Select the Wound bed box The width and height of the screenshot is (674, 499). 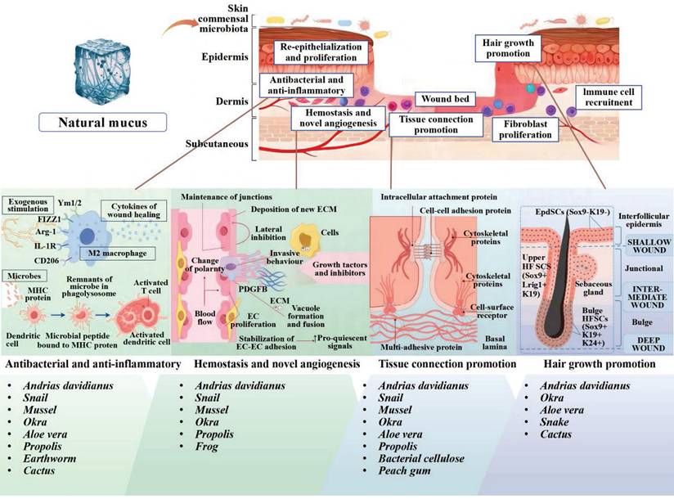point(444,99)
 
